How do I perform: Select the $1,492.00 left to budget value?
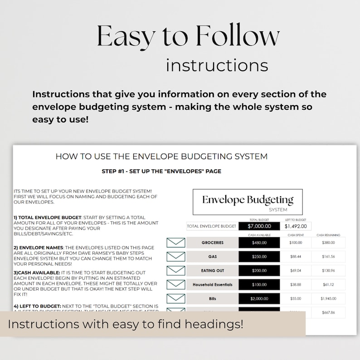click(x=295, y=226)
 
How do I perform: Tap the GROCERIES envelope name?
click(x=212, y=243)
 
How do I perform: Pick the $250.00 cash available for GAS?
click(x=260, y=257)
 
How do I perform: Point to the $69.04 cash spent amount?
click(x=295, y=271)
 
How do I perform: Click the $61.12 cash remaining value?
click(x=328, y=284)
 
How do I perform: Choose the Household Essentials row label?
click(x=212, y=284)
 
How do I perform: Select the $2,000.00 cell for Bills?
click(x=260, y=299)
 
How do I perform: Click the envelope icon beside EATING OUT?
click(x=176, y=271)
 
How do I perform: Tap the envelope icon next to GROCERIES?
click(x=176, y=243)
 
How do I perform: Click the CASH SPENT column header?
click(x=295, y=235)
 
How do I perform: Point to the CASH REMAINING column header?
click(x=328, y=235)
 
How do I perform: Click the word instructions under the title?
click(x=217, y=65)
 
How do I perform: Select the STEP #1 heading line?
click(x=161, y=171)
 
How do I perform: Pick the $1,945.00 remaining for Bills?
click(x=328, y=299)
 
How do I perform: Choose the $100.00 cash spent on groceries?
click(x=295, y=243)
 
